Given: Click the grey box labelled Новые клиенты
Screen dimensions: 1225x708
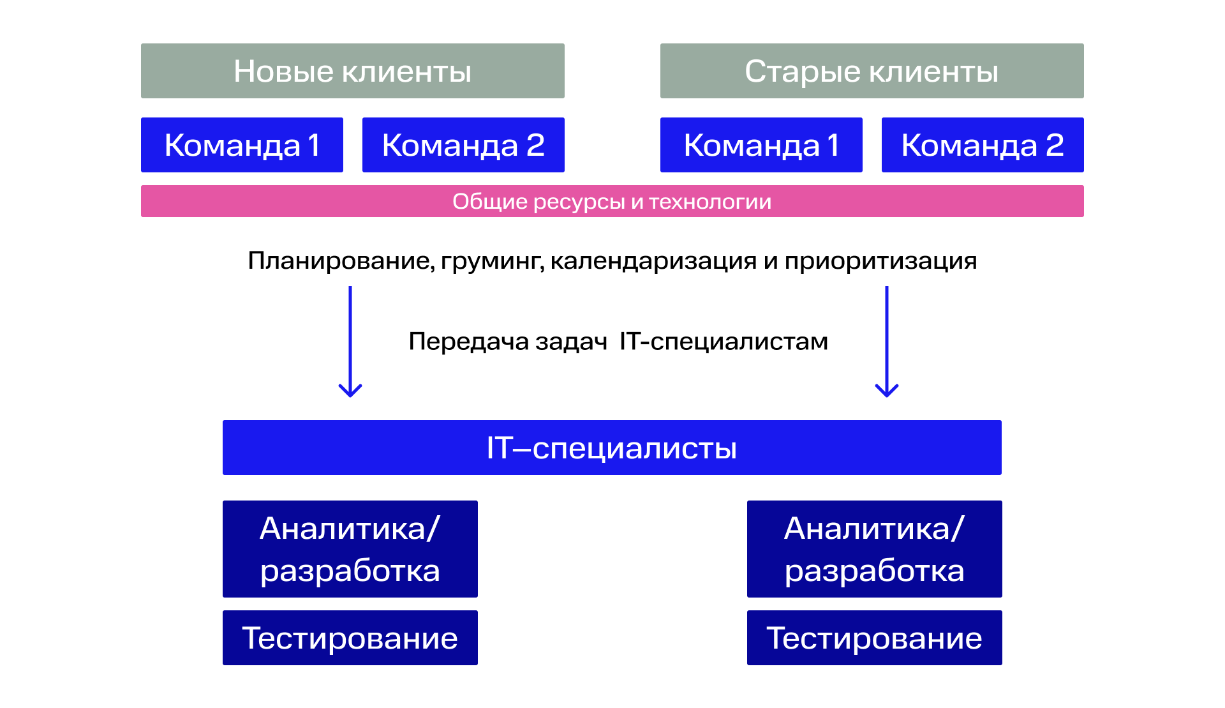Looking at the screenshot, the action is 353,71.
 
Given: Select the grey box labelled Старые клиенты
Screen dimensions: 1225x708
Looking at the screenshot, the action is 872,71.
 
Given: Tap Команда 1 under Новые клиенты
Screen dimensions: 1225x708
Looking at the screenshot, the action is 242,145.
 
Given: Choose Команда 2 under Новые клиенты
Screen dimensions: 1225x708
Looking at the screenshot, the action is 463,145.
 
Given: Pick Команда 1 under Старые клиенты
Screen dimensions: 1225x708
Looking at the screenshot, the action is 761,145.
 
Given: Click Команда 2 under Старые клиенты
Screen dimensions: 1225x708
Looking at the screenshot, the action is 983,145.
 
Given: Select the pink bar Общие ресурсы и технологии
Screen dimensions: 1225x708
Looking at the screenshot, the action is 612,201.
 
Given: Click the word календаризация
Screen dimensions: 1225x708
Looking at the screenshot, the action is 653,262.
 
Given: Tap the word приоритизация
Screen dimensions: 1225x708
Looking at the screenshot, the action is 881,262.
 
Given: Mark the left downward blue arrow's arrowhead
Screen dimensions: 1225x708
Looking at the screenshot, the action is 350,390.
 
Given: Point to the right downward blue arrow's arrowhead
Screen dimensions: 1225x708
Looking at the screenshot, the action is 887,390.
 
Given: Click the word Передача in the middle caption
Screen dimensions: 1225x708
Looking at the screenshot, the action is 468,342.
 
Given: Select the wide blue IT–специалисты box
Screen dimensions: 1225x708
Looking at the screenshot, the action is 612,448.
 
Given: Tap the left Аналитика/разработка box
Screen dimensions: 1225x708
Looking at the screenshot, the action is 350,549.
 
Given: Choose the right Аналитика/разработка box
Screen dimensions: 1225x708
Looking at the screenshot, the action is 875,549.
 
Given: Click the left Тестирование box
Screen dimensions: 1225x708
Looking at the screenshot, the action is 350,638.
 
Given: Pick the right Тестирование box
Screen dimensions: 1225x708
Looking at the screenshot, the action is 875,638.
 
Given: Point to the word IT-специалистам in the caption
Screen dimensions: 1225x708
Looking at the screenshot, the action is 724,342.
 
